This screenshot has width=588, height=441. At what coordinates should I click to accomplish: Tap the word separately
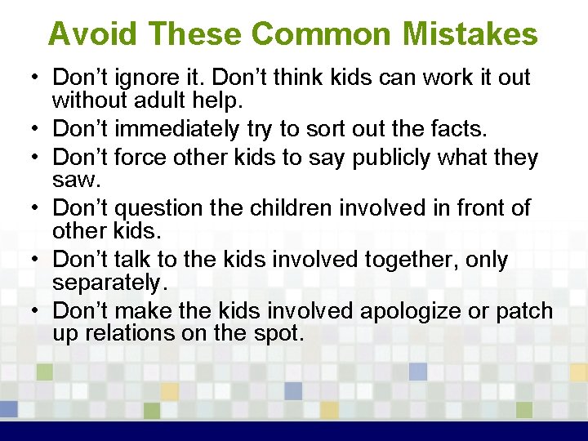pyautogui.click(x=108, y=283)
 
